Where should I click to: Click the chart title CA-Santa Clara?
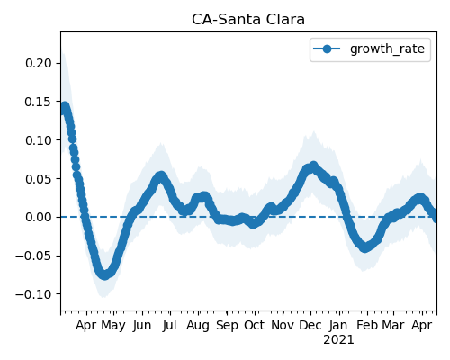click(248, 20)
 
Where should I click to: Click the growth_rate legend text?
click(387, 49)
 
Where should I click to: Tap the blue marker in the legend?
click(327, 49)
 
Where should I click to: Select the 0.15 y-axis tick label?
click(39, 102)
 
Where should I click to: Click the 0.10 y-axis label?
click(39, 140)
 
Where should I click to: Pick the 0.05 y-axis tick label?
click(39, 179)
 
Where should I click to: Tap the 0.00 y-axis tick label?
click(39, 217)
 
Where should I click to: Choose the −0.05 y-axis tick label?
click(33, 256)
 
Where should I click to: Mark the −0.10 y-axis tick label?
click(33, 294)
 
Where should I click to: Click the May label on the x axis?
click(113, 326)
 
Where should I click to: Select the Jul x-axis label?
click(169, 325)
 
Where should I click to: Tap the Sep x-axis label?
click(227, 326)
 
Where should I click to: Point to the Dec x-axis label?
click(310, 325)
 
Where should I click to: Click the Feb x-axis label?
click(367, 325)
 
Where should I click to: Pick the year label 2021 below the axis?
click(338, 340)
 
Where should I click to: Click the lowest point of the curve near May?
click(104, 274)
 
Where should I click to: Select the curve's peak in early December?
click(313, 166)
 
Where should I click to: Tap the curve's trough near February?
click(364, 247)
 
